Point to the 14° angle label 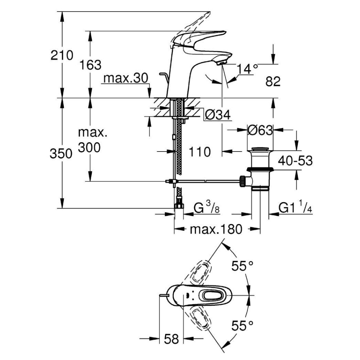[x=248, y=68]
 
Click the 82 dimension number [x=273, y=82]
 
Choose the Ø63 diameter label [x=260, y=130]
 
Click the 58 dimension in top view [x=171, y=338]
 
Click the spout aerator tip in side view [x=221, y=62]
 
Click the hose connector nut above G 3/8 [x=179, y=206]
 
